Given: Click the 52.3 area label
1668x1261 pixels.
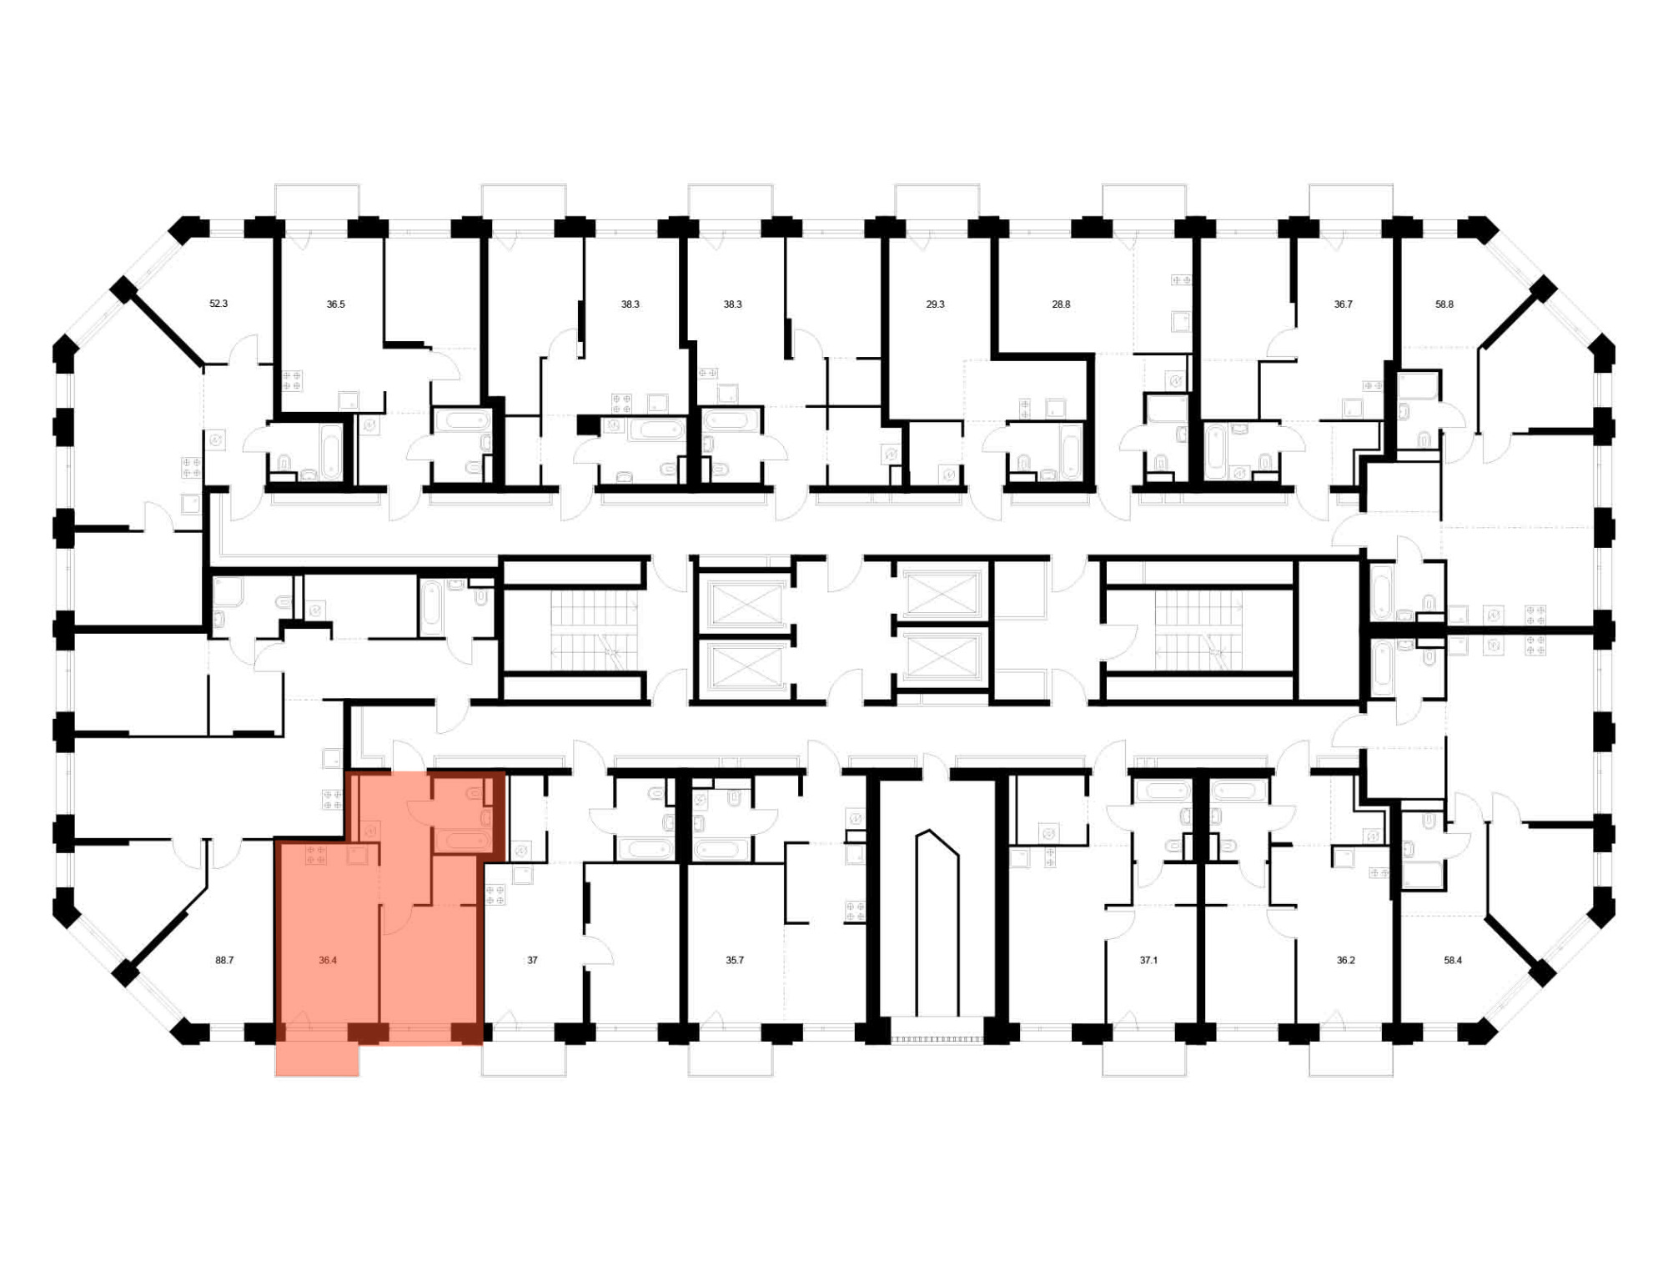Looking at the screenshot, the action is click(x=219, y=304).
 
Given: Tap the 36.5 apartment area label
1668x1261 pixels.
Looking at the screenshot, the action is click(x=335, y=304).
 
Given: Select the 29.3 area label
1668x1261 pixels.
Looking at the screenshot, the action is click(x=935, y=304).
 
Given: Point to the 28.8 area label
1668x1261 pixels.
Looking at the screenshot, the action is click(x=1061, y=304).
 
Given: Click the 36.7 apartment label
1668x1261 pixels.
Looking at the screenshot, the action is click(x=1343, y=304).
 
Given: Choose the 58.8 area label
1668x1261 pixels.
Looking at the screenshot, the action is click(x=1444, y=304).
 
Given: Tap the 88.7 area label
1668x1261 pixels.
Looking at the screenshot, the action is click(x=224, y=960).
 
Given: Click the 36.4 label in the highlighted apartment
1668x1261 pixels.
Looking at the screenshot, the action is click(x=328, y=960).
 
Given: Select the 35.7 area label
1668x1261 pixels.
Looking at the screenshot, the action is click(x=734, y=960).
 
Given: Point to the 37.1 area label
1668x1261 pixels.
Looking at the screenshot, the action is click(x=1148, y=960).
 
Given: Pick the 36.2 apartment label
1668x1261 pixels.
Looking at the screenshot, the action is click(x=1346, y=960).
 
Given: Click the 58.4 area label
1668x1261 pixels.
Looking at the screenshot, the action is click(x=1453, y=960).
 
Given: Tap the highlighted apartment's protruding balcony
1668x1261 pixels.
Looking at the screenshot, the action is click(x=317, y=1059).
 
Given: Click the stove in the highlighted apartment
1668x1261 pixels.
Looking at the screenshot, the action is click(x=316, y=854).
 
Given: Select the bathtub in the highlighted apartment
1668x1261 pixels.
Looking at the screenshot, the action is click(x=466, y=841).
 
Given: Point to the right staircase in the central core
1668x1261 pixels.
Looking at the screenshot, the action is click(x=1198, y=631).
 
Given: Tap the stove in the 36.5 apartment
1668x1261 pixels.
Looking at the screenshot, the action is click(x=292, y=381).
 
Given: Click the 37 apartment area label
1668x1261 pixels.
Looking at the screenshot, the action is click(x=532, y=960).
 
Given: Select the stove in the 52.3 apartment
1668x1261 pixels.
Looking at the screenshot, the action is click(x=192, y=468).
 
